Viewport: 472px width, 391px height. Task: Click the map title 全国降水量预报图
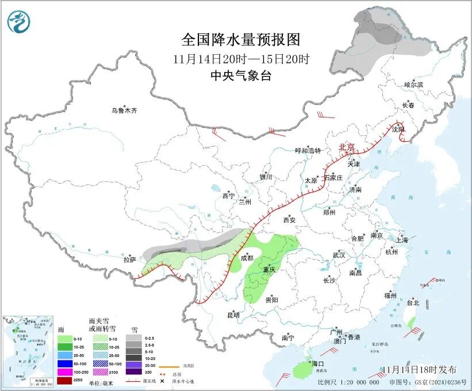(241, 40)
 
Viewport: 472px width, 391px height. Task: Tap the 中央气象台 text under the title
(241, 75)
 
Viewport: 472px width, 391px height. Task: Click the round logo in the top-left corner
(18, 22)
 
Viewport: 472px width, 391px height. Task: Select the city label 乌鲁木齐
(125, 110)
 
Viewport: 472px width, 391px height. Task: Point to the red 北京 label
(347, 147)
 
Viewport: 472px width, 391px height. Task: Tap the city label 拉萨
(129, 260)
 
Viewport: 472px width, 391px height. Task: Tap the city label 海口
(318, 363)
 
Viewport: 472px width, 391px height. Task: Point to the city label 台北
(413, 302)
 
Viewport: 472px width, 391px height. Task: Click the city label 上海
(402, 240)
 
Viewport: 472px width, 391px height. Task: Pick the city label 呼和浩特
(308, 151)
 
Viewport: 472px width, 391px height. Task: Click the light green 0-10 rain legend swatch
(65, 339)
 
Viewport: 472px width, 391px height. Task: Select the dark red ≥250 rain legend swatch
(65, 381)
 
